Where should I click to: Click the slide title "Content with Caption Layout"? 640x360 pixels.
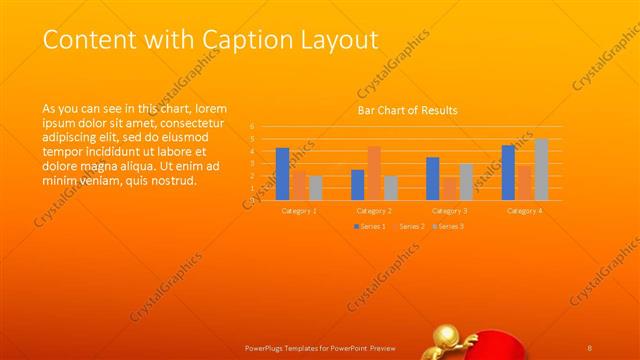tap(211, 40)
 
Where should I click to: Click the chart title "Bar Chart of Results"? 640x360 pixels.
tap(407, 110)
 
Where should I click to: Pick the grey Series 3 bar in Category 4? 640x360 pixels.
tap(541, 169)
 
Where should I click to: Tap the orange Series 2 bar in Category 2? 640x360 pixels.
tap(374, 173)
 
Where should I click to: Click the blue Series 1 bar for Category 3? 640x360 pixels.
tap(432, 178)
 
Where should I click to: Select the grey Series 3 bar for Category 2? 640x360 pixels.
tap(390, 188)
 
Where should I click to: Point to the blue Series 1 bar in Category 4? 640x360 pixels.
tap(508, 172)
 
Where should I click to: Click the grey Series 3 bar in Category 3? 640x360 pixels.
tap(466, 181)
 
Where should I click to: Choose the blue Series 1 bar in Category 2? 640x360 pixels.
tap(357, 185)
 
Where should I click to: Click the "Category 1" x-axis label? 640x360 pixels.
tap(298, 211)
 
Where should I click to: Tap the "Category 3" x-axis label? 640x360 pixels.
tap(449, 211)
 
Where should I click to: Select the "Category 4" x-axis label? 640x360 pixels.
tap(524, 211)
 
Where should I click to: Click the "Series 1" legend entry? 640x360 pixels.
tap(369, 227)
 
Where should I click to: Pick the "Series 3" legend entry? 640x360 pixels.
tap(448, 227)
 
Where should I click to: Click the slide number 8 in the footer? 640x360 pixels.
tap(591, 346)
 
